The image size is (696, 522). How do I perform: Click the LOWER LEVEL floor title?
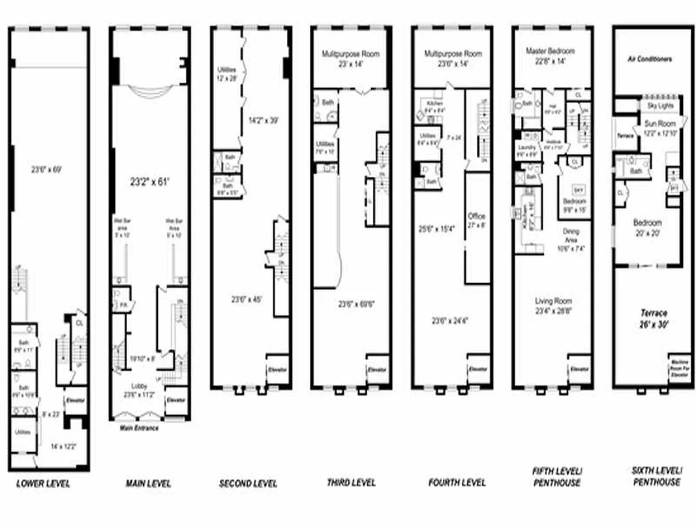pos(42,484)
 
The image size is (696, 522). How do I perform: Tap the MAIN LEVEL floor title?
pos(148,484)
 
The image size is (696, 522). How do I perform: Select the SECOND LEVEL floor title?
pos(248,484)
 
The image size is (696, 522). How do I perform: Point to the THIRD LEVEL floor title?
pos(351,483)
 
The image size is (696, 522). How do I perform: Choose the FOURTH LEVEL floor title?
pos(457,483)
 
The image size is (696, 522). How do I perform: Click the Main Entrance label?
pos(138,429)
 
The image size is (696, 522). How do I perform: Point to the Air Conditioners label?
pos(649,59)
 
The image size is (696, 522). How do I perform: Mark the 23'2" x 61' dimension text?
pos(149,183)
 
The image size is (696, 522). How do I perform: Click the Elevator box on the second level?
pos(279,370)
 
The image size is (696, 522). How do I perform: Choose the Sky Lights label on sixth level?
pos(660,104)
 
